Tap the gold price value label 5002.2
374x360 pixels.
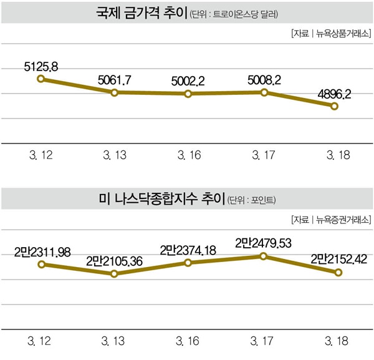click(188, 80)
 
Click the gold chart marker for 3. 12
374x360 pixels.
click(41, 79)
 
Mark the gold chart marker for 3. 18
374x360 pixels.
click(334, 107)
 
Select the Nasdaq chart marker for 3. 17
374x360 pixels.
click(264, 256)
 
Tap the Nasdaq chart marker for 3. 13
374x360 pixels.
click(114, 274)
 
